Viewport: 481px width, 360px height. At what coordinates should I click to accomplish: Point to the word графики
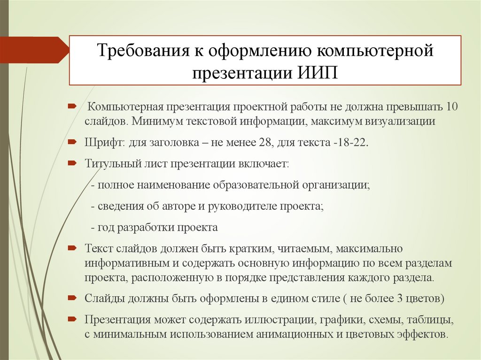pos(339,320)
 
